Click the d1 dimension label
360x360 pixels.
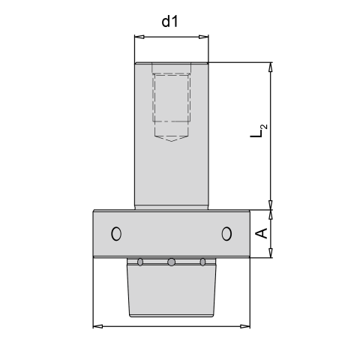pyautogui.click(x=170, y=22)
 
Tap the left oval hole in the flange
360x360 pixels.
pyautogui.click(x=115, y=234)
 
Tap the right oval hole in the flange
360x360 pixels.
pyautogui.click(x=226, y=234)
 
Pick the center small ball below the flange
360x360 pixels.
pyautogui.click(x=171, y=262)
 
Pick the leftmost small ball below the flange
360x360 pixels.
pyautogui.click(x=140, y=262)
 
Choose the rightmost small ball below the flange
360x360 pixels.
pyautogui.click(x=202, y=262)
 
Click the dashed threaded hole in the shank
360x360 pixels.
pyautogui.click(x=171, y=97)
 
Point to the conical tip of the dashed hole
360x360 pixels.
pyautogui.click(x=171, y=138)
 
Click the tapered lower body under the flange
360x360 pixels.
pyautogui.click(x=171, y=292)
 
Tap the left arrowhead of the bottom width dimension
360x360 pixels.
pyautogui.click(x=96, y=325)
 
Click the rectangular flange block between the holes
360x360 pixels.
pyautogui.click(x=171, y=234)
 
